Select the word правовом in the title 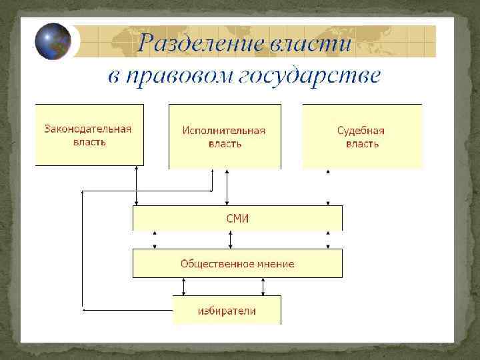click(x=175, y=75)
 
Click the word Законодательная click(x=89, y=129)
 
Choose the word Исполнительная click(x=224, y=131)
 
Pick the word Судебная click(x=361, y=131)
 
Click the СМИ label click(x=237, y=218)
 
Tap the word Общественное click(x=212, y=263)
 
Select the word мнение click(x=273, y=263)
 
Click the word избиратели click(x=227, y=311)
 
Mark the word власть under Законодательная click(x=89, y=142)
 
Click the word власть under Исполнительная click(x=225, y=143)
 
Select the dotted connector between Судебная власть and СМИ click(x=327, y=187)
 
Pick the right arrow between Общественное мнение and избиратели click(x=263, y=286)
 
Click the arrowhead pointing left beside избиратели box click(x=84, y=309)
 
